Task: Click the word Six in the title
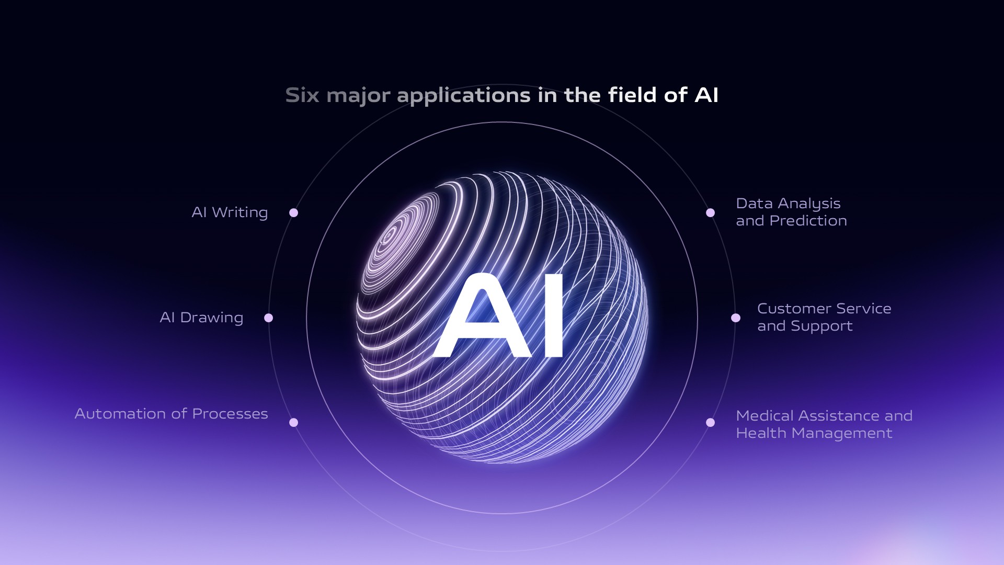coord(302,95)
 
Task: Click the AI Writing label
coord(230,212)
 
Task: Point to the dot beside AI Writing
coord(294,212)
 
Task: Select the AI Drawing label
coord(201,318)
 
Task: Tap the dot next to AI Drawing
coord(269,318)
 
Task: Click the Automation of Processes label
coord(171,414)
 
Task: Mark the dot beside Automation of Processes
coord(294,422)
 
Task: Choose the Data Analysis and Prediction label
coord(791,212)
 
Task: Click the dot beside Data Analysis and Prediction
coord(710,212)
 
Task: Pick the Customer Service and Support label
coord(824,317)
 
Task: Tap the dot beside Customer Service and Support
coord(736,318)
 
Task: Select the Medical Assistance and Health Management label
coord(824,424)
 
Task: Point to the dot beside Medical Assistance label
coord(710,422)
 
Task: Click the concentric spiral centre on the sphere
coord(390,236)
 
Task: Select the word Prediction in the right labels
coord(808,221)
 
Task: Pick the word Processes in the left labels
coord(230,414)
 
